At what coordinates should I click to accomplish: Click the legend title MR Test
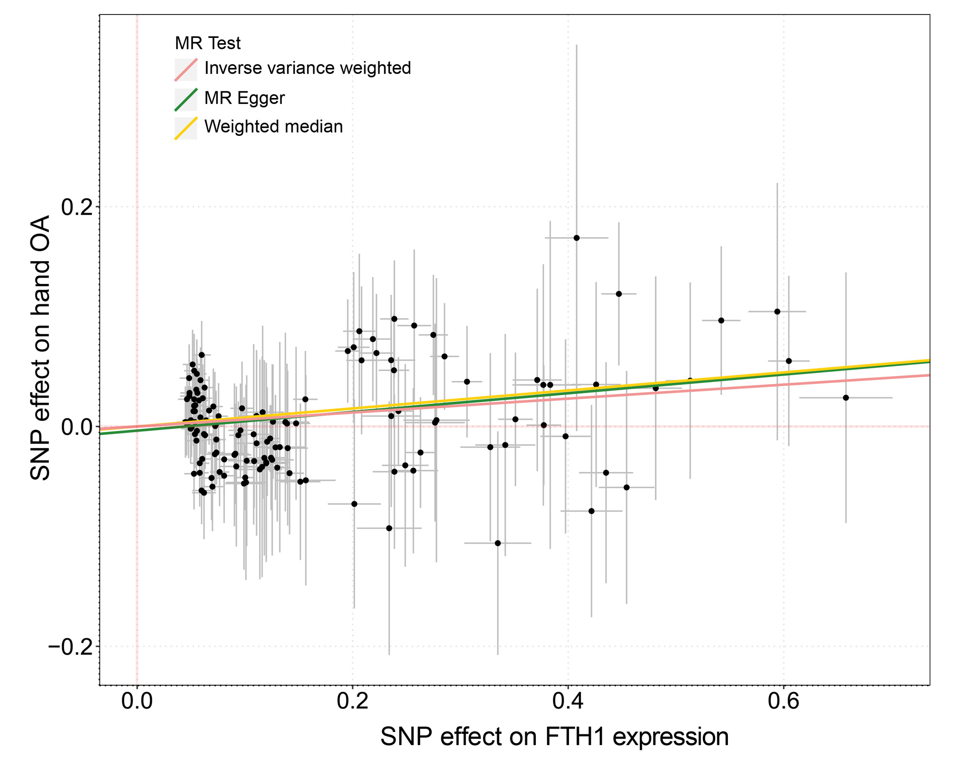[208, 43]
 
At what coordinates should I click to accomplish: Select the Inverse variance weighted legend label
[307, 68]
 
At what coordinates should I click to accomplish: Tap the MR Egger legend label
[244, 98]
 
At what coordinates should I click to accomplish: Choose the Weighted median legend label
[274, 127]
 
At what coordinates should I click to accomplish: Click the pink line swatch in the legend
[186, 70]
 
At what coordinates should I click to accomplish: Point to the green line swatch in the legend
[186, 99]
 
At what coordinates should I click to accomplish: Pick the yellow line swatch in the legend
[186, 129]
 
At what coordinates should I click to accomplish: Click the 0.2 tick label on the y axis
[77, 207]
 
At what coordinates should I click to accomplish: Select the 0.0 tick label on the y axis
[77, 427]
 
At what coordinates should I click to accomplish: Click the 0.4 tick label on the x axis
[567, 701]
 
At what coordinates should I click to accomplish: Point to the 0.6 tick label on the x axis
[783, 701]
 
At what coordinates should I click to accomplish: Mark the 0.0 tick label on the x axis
[137, 701]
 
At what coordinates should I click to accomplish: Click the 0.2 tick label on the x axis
[352, 701]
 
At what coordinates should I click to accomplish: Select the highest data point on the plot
[577, 238]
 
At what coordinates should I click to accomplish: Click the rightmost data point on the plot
[846, 398]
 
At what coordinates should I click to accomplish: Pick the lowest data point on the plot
[498, 543]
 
